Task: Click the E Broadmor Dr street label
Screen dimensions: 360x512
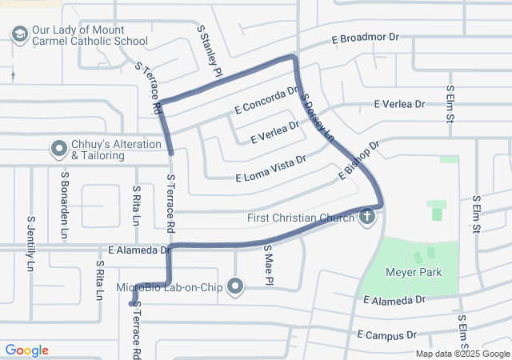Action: [x=365, y=38]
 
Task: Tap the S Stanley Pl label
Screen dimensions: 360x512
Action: [x=211, y=50]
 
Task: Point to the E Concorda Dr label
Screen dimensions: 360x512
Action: [x=266, y=101]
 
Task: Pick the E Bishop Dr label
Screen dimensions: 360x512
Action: [x=357, y=161]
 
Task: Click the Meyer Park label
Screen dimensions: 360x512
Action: [x=413, y=273]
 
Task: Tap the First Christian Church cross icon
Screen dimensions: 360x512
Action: [x=367, y=217]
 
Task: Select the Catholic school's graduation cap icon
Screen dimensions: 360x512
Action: [x=18, y=34]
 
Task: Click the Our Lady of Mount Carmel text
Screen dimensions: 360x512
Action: [x=89, y=35]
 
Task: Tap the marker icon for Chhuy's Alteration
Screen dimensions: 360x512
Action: [x=58, y=148]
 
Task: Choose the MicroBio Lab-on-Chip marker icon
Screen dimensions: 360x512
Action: [x=235, y=286]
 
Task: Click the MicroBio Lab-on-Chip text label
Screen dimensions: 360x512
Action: [x=169, y=286]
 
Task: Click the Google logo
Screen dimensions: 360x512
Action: [x=26, y=350]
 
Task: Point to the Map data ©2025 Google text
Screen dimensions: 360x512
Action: [x=462, y=354]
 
